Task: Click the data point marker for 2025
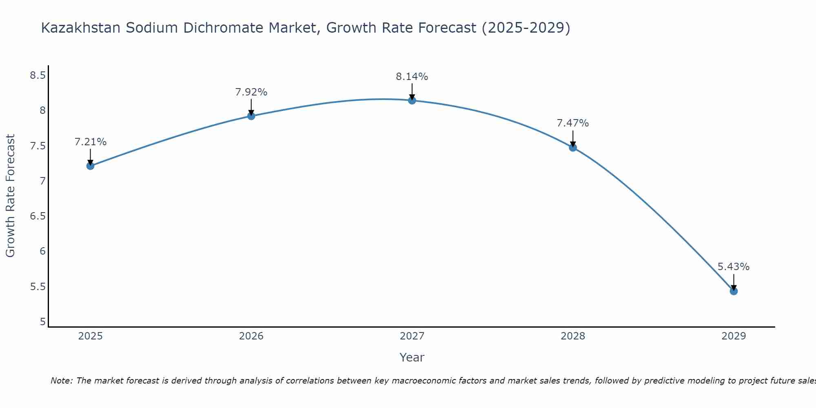(90, 166)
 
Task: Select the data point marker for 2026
(251, 116)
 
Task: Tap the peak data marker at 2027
(412, 100)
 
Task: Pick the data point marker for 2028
(573, 147)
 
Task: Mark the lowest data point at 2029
(734, 291)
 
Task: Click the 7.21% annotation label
(90, 142)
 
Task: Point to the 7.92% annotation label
(251, 92)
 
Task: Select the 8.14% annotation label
(412, 77)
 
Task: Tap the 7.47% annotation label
(573, 123)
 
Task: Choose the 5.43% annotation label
(734, 267)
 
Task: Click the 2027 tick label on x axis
(412, 336)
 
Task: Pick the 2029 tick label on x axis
(734, 336)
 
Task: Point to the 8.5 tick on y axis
(38, 75)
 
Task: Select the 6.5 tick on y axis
(38, 216)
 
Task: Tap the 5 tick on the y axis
(42, 322)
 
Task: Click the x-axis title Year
(412, 357)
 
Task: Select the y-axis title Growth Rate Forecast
(11, 196)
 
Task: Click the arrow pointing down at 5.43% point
(734, 282)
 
